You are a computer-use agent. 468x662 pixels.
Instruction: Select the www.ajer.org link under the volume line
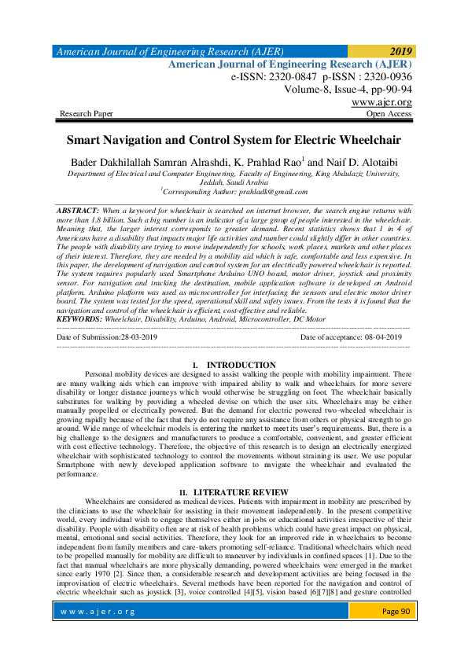point(381,102)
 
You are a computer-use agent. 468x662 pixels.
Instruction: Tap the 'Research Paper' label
point(87,114)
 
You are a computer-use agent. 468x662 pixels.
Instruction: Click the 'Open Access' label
point(389,114)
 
